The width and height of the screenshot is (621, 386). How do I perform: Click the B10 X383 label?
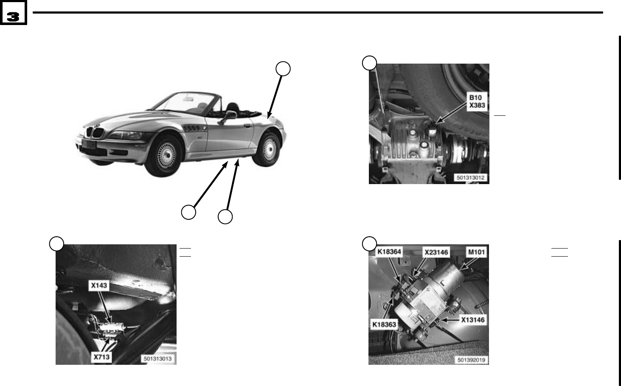pos(477,101)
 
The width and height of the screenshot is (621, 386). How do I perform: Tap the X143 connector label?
pos(99,286)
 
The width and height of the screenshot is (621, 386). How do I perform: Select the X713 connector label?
pos(101,357)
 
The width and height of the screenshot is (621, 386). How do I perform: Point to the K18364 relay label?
pos(389,252)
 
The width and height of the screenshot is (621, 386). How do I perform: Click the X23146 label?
pos(436,252)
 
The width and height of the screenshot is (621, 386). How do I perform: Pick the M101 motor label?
pos(476,252)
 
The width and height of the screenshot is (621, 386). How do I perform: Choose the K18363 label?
pos(384,324)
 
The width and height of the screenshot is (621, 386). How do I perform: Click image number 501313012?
pos(470,178)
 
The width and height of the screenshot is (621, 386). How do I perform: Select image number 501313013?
pos(158,358)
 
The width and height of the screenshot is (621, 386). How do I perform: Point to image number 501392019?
pos(472,360)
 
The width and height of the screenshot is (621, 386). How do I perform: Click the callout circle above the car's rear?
pos(283,69)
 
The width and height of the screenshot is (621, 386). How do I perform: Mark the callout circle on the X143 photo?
pos(56,243)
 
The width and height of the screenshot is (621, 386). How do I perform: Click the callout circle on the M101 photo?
pos(369,243)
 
